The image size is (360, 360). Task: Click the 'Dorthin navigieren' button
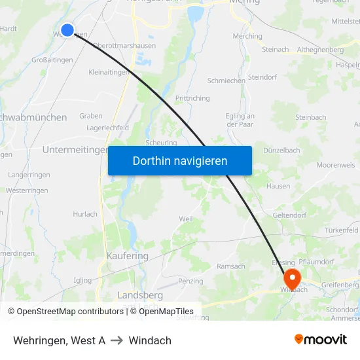click(x=180, y=160)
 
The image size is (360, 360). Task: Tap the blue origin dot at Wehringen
click(x=67, y=29)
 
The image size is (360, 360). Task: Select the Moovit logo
click(x=321, y=339)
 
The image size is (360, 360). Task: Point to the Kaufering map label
click(x=127, y=256)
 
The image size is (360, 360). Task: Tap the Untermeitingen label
click(x=75, y=150)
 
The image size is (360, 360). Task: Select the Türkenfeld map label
click(x=342, y=230)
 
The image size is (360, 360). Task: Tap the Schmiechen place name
click(x=226, y=81)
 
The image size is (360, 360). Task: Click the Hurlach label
click(x=85, y=214)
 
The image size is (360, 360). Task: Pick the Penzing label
click(x=190, y=281)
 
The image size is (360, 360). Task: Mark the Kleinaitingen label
click(x=109, y=72)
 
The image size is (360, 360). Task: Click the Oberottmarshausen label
click(x=124, y=45)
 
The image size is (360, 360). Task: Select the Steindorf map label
click(x=263, y=77)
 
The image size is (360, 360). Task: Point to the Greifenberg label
click(x=340, y=285)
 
